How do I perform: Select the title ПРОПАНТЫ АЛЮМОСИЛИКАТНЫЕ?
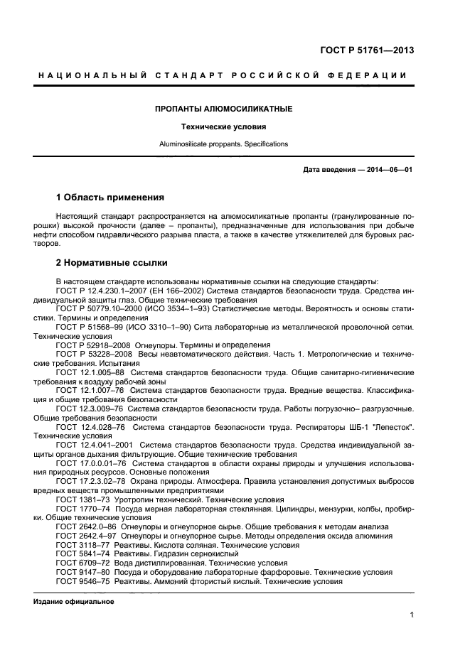224,109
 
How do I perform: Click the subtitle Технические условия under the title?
225,127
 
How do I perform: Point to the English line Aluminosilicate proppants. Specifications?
224,144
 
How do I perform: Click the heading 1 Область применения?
110,197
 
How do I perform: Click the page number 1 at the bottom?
412,615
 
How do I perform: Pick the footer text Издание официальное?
74,601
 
